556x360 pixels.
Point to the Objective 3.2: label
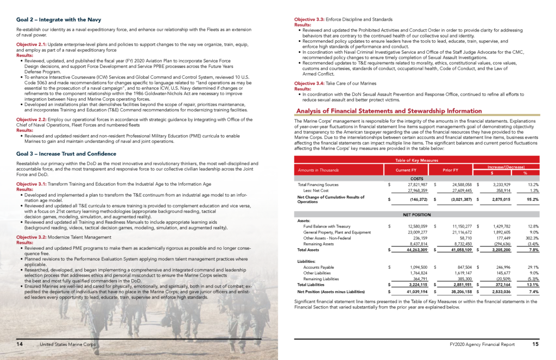pyautogui.click(x=33, y=237)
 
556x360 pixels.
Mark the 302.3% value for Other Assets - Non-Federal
pyautogui.click(x=530, y=238)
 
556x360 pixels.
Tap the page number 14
pyautogui.click(x=20, y=344)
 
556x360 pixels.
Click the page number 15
pyautogui.click(x=535, y=344)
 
